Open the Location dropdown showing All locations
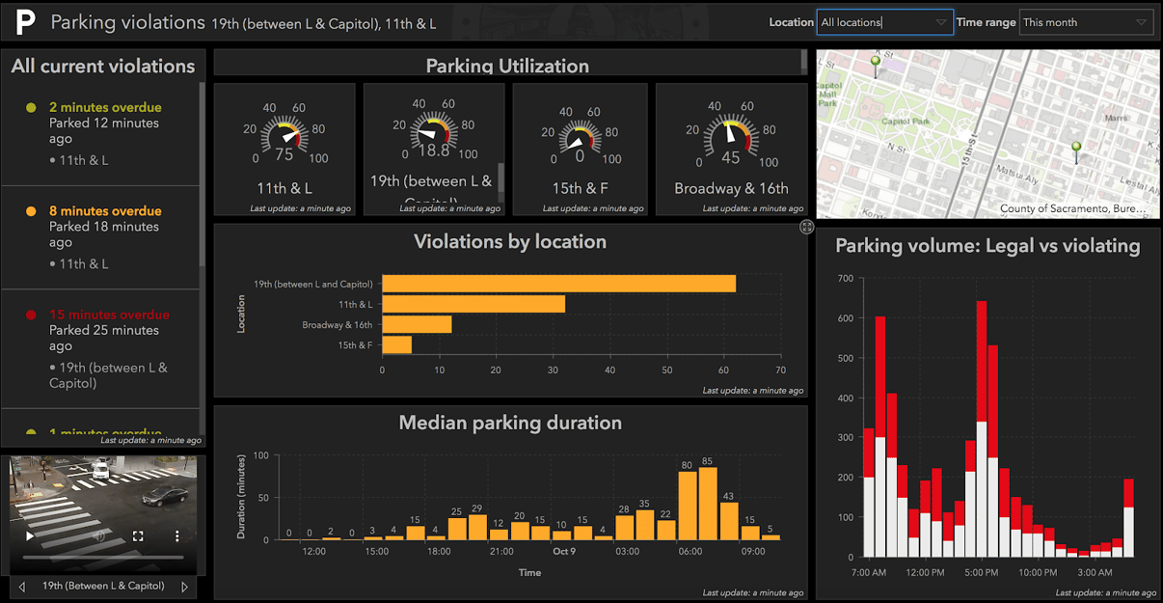click(884, 22)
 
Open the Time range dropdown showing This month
click(1085, 22)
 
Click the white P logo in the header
click(25, 21)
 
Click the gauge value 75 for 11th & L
click(284, 154)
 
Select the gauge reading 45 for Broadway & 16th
click(731, 158)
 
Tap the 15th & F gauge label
click(579, 188)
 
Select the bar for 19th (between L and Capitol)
click(558, 284)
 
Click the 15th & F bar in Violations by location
click(396, 344)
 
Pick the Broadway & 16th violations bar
click(417, 324)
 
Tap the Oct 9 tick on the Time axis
click(563, 552)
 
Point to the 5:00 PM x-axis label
click(982, 572)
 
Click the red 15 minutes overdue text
click(109, 315)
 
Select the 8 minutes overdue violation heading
click(105, 211)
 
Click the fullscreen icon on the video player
click(138, 535)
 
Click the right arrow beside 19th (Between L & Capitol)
click(184, 586)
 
